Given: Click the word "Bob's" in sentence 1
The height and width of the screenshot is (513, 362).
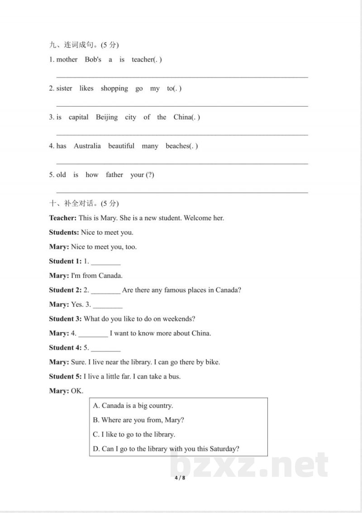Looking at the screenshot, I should click(93, 60).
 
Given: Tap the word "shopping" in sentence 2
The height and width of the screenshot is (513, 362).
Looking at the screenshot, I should click(114, 89).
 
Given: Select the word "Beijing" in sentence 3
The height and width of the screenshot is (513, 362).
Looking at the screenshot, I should click(106, 117).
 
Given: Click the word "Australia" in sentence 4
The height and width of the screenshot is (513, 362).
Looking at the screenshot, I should click(87, 146).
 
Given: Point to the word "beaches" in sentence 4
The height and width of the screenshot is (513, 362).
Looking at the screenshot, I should click(177, 146).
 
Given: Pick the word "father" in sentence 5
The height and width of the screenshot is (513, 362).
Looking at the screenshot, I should click(114, 175).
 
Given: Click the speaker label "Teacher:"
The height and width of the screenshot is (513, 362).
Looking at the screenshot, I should click(63, 218).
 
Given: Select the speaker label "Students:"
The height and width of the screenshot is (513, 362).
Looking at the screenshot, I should click(64, 233).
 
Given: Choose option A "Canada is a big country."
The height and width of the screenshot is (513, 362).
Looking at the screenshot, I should click(133, 405).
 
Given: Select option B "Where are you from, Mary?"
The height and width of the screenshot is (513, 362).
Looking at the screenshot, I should click(138, 420).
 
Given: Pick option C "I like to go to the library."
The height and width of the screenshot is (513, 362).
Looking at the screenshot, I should click(134, 434).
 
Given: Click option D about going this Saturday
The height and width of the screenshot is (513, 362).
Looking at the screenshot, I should click(166, 449).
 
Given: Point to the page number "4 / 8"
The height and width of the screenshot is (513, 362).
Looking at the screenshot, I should click(181, 478).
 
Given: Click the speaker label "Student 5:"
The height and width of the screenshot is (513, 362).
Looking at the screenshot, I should click(66, 376).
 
